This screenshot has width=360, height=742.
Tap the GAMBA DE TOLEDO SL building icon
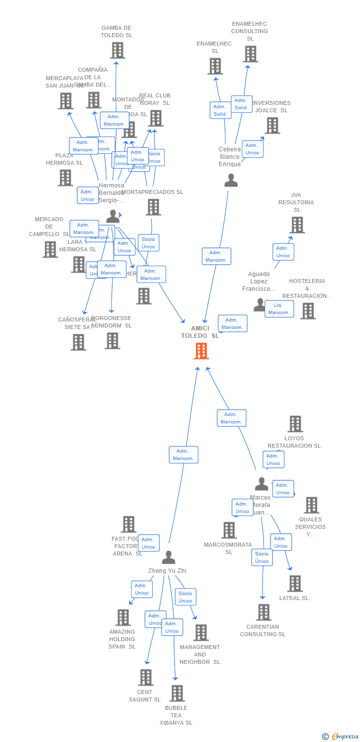click(117, 50)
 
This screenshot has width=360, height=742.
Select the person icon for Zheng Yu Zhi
click(169, 557)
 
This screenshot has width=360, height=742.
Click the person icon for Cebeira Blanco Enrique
click(231, 181)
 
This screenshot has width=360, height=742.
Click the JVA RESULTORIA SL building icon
click(297, 225)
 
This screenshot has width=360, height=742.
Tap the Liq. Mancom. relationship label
click(279, 309)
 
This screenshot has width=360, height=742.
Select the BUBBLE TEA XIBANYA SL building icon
click(177, 694)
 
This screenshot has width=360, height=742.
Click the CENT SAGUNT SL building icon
click(145, 678)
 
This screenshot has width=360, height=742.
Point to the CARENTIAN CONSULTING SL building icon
click(264, 612)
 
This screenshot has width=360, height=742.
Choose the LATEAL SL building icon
click(295, 584)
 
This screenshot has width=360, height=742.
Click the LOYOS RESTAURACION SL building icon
click(295, 424)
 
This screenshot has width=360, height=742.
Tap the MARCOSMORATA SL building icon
click(229, 530)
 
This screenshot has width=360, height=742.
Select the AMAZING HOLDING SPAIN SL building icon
click(123, 617)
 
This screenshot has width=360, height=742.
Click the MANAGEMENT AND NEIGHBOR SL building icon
click(201, 633)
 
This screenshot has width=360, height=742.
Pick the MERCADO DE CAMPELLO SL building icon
click(50, 250)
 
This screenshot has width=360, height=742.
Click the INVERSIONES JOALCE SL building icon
click(272, 126)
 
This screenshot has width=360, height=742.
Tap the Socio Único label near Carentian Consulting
click(262, 557)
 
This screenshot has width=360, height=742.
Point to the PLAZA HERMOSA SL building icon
click(65, 178)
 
